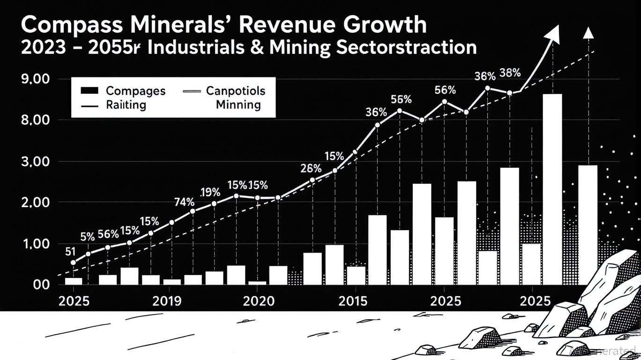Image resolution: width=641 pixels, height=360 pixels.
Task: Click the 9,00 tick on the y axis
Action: coord(36,79)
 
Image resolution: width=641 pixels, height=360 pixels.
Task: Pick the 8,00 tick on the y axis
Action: coord(36,120)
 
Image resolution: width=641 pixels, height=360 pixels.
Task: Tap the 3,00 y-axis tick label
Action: coord(36,162)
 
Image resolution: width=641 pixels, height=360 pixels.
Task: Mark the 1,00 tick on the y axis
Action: coord(36,244)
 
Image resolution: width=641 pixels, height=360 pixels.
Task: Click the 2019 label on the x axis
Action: coord(167,301)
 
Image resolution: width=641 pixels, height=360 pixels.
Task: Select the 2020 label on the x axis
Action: coord(259,301)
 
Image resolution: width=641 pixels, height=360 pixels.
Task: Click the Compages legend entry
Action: coord(135,90)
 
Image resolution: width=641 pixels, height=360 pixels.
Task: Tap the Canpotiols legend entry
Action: coord(235,90)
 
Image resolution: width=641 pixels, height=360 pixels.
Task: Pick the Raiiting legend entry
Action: coord(126,105)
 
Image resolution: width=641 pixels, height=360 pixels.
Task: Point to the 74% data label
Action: coord(184,202)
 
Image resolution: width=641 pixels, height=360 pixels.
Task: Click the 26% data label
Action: coord(311,168)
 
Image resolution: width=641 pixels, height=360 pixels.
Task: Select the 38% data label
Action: coord(510,73)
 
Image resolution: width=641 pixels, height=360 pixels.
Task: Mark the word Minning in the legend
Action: coord(239,105)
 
